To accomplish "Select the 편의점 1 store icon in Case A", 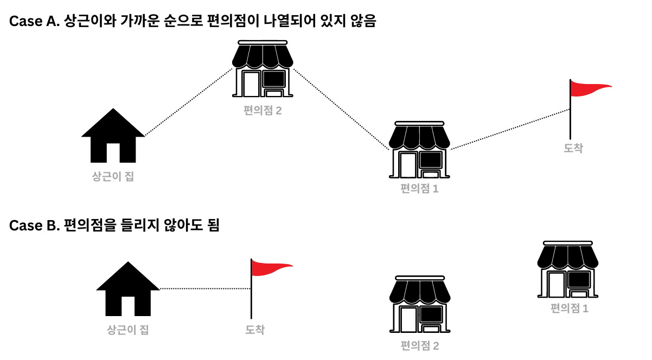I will [420, 150].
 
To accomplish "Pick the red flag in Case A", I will [589, 90].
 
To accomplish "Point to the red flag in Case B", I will [270, 268].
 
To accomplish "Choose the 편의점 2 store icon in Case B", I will [420, 305].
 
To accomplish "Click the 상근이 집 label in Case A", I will [113, 177].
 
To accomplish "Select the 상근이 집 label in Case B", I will [128, 330].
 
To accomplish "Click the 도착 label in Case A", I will [573, 147].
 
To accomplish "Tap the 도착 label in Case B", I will [254, 330].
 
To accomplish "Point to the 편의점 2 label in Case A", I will [263, 111].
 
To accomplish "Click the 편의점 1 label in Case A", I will [419, 189].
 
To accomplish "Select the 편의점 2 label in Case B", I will [420, 345].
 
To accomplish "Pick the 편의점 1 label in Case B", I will [570, 308].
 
